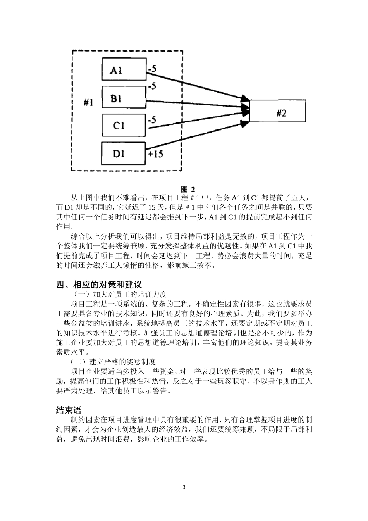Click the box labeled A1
(x=124, y=70)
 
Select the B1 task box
(x=124, y=98)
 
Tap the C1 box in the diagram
(x=124, y=125)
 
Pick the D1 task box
(x=124, y=154)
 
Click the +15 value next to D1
(x=156, y=154)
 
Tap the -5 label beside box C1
(x=152, y=120)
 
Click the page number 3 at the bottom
(x=184, y=487)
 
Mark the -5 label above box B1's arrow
(x=152, y=86)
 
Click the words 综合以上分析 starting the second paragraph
(x=90, y=236)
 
